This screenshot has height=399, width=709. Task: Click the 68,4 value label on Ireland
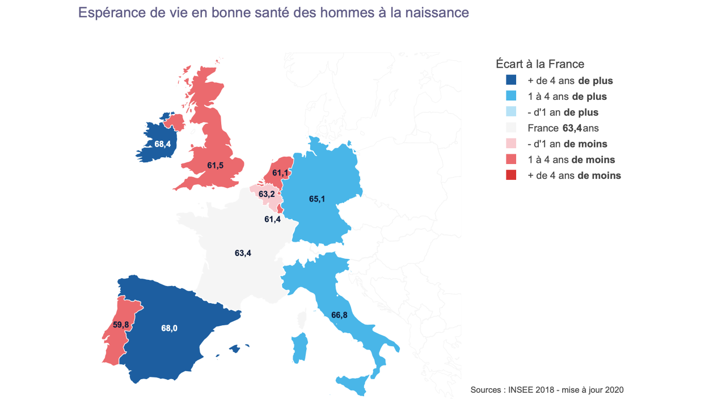(162, 144)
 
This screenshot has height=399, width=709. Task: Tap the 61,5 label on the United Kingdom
(216, 166)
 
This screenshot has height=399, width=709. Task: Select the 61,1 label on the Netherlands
(281, 173)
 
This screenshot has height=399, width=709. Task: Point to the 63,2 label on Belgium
(267, 194)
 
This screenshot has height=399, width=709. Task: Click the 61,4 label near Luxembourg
(273, 219)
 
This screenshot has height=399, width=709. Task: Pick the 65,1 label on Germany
(318, 199)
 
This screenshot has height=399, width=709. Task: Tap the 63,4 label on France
(243, 253)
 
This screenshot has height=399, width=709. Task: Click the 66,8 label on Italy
(339, 314)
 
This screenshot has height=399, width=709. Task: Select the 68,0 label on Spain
(169, 328)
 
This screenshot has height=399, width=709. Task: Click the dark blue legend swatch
(510, 81)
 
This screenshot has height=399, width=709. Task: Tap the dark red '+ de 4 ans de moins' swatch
(510, 175)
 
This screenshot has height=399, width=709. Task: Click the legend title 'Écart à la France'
(539, 64)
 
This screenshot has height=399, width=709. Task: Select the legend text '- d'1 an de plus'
(563, 112)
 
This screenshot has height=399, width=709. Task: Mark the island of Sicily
(356, 385)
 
